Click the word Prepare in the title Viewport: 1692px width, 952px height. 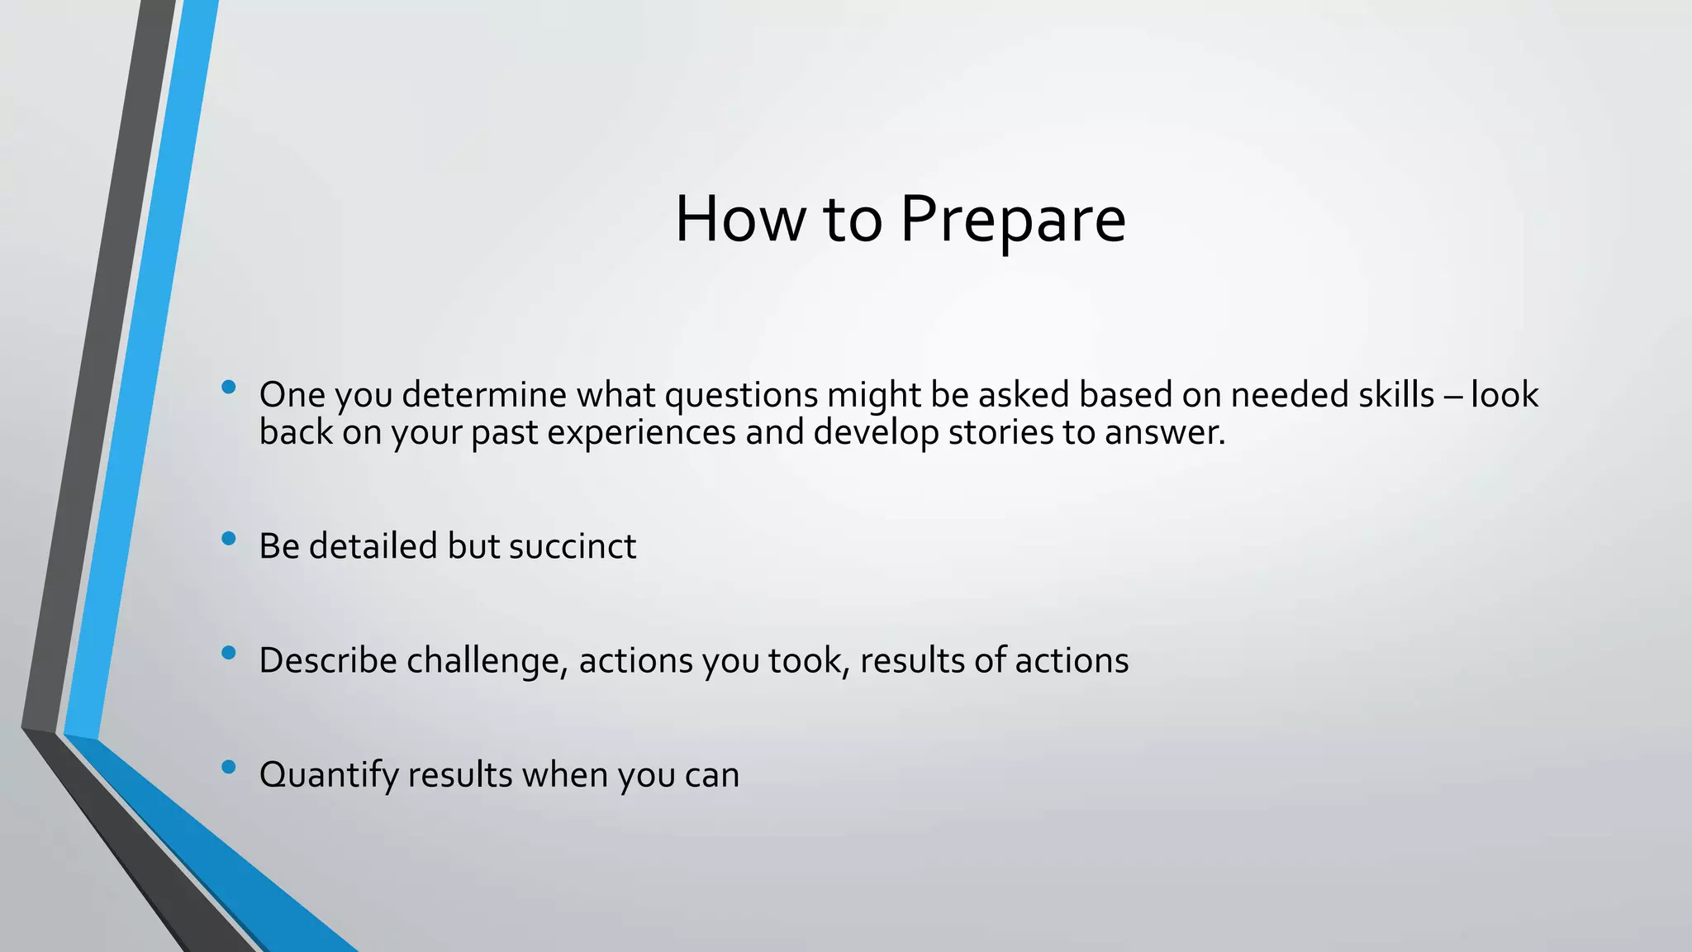tap(1012, 220)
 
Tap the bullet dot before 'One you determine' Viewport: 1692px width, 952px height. tap(229, 387)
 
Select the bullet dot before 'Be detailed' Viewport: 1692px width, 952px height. tap(229, 539)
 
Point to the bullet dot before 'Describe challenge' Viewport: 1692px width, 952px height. tap(229, 653)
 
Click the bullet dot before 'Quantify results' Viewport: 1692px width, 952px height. tap(229, 767)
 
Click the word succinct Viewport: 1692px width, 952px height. tap(573, 546)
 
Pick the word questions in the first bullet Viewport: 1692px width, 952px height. tap(741, 395)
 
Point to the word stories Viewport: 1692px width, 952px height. tap(1000, 432)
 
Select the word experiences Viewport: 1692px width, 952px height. tap(641, 432)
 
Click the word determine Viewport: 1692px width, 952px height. tap(484, 395)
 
